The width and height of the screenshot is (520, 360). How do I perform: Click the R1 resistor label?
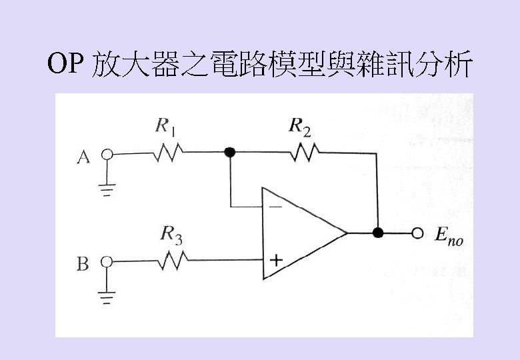click(165, 125)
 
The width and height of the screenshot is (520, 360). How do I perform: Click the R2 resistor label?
click(300, 126)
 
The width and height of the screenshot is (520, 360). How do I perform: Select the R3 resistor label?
click(172, 234)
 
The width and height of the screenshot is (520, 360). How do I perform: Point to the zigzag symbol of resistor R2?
click(304, 153)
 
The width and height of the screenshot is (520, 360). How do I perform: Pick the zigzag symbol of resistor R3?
click(172, 261)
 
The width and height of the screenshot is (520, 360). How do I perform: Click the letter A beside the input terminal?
click(83, 157)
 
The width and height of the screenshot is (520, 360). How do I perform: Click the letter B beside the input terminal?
click(83, 265)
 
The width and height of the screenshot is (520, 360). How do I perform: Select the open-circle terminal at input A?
click(105, 154)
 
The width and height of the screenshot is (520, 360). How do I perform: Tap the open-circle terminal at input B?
click(105, 262)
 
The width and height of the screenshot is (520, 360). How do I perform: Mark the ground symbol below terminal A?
click(105, 189)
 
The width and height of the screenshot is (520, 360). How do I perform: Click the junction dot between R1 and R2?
click(230, 153)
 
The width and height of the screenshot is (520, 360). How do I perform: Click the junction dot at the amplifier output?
click(378, 233)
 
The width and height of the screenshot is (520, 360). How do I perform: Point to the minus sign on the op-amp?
click(275, 207)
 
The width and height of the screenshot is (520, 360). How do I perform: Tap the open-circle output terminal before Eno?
click(418, 233)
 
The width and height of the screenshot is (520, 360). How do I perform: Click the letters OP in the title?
click(66, 65)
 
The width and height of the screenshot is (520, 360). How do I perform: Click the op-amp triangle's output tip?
click(347, 233)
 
